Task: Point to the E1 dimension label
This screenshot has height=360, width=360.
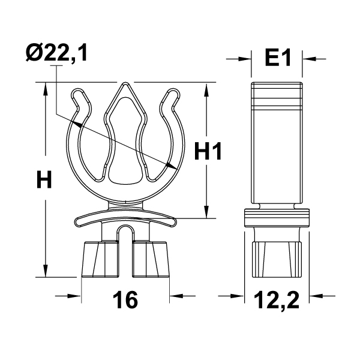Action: click(x=277, y=58)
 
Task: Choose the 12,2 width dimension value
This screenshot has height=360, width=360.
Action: click(x=277, y=298)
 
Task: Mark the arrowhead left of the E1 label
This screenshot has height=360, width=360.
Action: click(x=246, y=58)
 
